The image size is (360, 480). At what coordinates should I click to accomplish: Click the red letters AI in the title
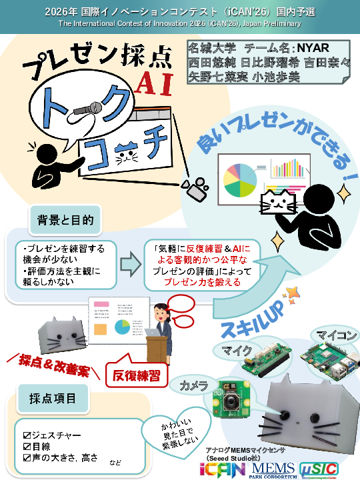tap(154, 84)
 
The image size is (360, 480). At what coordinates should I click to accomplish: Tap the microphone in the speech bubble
tap(88, 109)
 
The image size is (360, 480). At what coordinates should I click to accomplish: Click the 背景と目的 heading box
tap(65, 220)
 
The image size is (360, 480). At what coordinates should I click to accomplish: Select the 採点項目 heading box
tap(53, 399)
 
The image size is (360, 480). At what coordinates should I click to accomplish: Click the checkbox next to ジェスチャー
tap(27, 435)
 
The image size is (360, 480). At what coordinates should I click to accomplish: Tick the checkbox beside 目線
tap(27, 447)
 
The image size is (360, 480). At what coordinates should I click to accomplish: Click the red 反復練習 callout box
tap(137, 375)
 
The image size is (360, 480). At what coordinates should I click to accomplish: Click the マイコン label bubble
tap(336, 335)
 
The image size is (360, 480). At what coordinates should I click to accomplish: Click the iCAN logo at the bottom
tap(223, 469)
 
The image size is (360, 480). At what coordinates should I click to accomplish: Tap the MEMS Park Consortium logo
tap(273, 470)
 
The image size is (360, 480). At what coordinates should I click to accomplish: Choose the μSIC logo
tap(319, 470)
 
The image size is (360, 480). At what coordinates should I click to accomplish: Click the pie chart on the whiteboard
tap(239, 180)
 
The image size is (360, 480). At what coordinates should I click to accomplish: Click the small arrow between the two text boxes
tap(131, 265)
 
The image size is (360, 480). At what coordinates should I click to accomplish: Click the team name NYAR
tap(313, 48)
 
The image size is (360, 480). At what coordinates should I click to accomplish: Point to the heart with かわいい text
tap(177, 434)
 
